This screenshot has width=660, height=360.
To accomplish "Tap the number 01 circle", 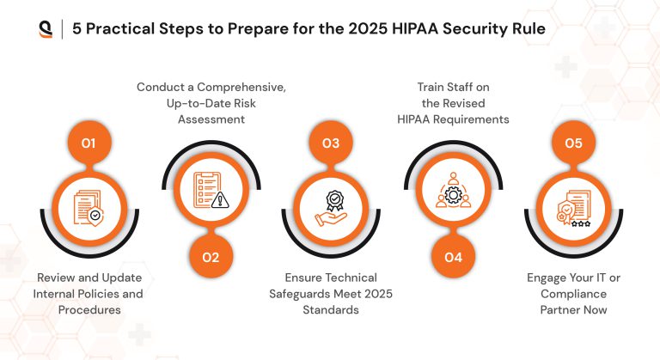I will point(89,143).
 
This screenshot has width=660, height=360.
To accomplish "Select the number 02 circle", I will point(211,257).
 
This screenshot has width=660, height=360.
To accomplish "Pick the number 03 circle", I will point(331,143).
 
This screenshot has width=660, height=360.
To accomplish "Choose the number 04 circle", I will point(453,257).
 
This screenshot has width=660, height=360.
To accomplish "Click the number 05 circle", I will point(573,143).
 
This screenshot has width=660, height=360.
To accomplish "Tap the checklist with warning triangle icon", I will point(211,192).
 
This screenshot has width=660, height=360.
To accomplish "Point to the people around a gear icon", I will point(453,192).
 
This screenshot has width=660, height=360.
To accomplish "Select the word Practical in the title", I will point(130,28).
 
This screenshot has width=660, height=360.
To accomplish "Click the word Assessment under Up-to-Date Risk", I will point(211,119).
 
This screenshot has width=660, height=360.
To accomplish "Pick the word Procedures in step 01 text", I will point(89,309).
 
